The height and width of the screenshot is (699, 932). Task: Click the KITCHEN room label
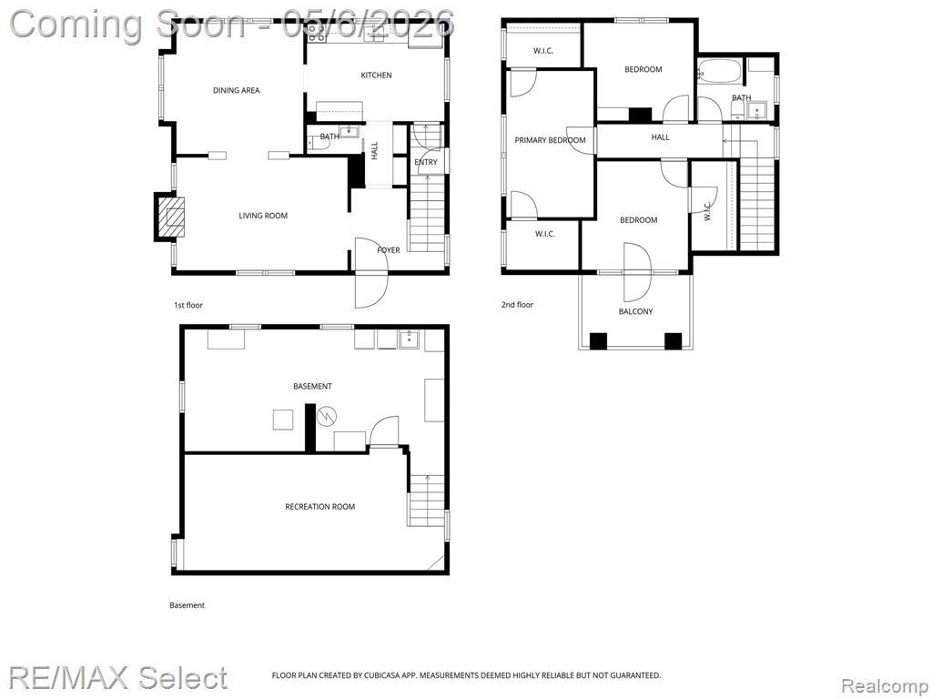tap(376, 76)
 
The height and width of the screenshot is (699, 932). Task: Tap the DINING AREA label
tap(237, 90)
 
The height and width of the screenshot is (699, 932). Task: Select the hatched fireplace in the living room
tap(170, 217)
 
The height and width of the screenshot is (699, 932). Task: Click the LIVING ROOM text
tap(263, 216)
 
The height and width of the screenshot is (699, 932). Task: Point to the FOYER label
tap(388, 250)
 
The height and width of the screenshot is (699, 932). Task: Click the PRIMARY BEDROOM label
tap(550, 140)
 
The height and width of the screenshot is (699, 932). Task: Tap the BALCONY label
tap(635, 311)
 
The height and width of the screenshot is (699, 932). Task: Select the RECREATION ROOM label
tap(319, 507)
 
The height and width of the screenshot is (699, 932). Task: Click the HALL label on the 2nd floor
tap(660, 137)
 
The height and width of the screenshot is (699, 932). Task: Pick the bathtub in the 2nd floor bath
tap(720, 72)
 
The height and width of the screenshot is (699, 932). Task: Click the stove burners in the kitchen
tap(316, 33)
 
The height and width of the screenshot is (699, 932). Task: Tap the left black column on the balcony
tap(598, 341)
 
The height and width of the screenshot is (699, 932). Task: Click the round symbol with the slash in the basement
tap(326, 416)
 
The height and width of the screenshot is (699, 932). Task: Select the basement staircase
tap(427, 501)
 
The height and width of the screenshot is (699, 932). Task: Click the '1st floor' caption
tap(187, 306)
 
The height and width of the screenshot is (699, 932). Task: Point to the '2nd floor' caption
tap(517, 305)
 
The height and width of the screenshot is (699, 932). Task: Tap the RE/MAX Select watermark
tap(117, 678)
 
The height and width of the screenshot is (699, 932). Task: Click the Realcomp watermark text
tap(886, 686)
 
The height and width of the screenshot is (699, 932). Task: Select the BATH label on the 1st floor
tap(329, 137)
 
